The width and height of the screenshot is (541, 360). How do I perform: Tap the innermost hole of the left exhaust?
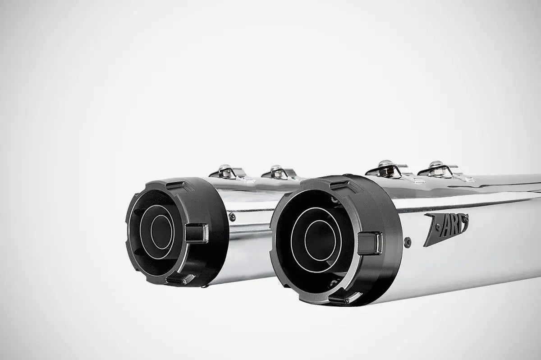point(161,232)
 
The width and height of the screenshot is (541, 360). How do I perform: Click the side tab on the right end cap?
point(370,242)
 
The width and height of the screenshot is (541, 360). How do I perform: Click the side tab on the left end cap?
point(197,233)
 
